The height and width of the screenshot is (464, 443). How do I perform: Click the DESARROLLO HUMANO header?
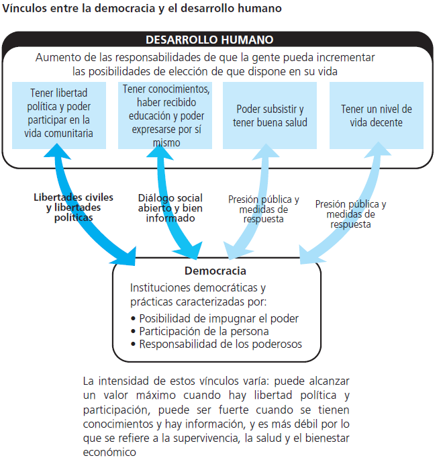[209, 40]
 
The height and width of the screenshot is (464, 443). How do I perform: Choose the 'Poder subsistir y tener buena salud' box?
[270, 115]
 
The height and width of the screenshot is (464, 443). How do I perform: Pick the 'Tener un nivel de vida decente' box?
[376, 115]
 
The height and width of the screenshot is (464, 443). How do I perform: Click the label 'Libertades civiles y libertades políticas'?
[73, 207]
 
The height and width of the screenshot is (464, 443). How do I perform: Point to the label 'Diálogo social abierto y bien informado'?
[170, 207]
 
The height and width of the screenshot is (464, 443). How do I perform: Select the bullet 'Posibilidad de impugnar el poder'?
[219, 318]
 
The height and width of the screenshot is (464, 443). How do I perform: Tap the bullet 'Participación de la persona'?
[204, 331]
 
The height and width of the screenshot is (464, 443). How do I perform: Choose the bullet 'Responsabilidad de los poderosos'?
[221, 344]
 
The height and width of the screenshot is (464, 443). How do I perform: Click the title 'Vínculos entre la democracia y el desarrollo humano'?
[142, 9]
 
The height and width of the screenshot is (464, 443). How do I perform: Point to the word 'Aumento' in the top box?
[56, 57]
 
